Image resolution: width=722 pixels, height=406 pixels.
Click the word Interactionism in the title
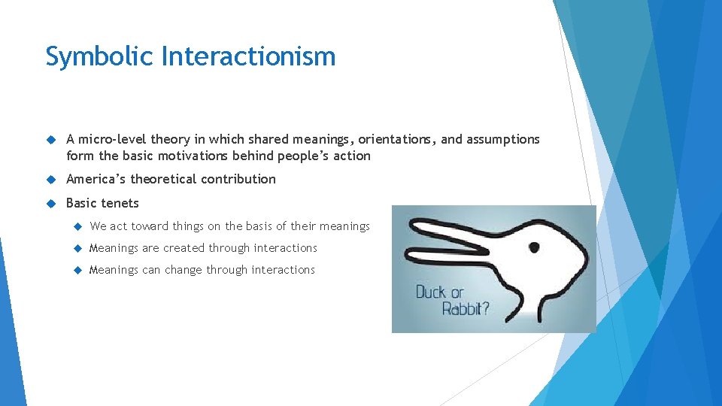[248, 57]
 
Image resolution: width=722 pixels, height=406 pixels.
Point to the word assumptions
[502, 139]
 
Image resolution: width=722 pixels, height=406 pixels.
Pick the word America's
[96, 179]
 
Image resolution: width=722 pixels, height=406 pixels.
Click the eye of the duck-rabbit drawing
[534, 247]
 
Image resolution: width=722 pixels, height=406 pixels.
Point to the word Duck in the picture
[430, 292]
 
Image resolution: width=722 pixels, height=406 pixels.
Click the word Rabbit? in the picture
[463, 308]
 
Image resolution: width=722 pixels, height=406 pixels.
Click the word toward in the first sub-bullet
[150, 226]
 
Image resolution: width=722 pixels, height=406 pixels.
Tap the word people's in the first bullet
[306, 156]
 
